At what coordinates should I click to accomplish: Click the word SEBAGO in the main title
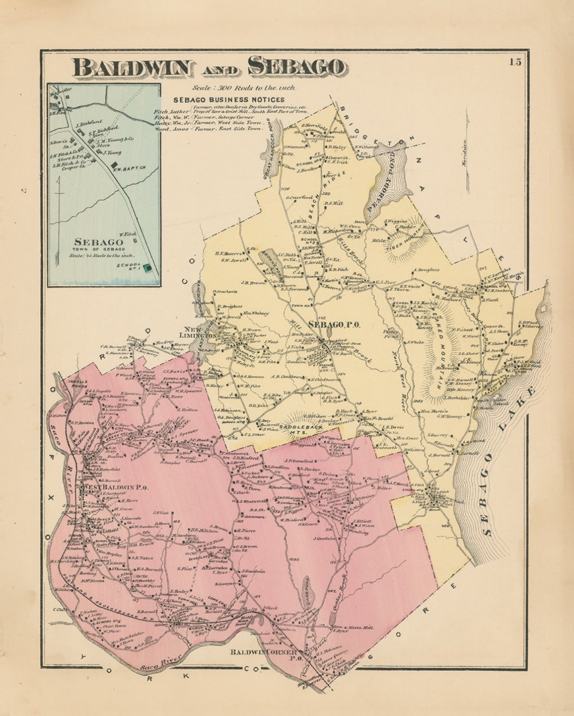pyautogui.click(x=297, y=67)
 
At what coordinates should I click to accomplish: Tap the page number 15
pyautogui.click(x=515, y=62)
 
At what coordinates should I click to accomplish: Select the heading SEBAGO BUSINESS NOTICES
pyautogui.click(x=229, y=100)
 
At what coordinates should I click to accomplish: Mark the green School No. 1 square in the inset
pyautogui.click(x=148, y=269)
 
